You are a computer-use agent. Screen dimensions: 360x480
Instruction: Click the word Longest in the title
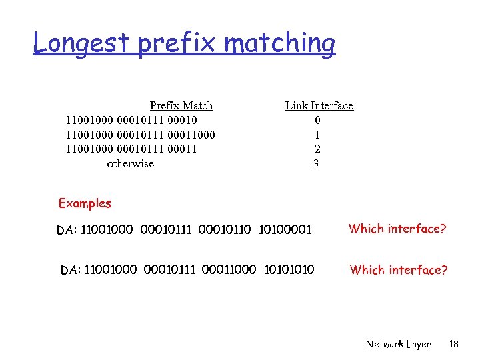click(82, 43)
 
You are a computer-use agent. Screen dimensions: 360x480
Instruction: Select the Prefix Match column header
click(181, 105)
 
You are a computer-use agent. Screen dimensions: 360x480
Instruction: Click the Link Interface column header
click(319, 105)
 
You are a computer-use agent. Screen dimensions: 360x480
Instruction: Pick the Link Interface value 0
click(317, 121)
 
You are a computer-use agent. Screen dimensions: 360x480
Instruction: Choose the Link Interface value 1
click(317, 135)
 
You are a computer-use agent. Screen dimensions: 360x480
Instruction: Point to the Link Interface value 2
click(317, 149)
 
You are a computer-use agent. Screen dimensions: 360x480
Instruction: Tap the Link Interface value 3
click(316, 163)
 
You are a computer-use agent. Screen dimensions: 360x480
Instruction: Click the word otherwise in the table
click(130, 163)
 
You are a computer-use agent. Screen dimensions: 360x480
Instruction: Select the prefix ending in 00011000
click(140, 135)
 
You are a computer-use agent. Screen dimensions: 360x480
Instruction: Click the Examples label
click(85, 203)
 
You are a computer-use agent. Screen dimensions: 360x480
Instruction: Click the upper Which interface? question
click(397, 229)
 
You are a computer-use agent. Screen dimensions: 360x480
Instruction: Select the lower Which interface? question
click(399, 270)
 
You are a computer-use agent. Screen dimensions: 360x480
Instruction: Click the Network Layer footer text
click(398, 344)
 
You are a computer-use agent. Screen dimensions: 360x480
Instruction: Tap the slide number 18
click(454, 344)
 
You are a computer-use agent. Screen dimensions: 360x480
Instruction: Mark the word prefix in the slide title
click(178, 43)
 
